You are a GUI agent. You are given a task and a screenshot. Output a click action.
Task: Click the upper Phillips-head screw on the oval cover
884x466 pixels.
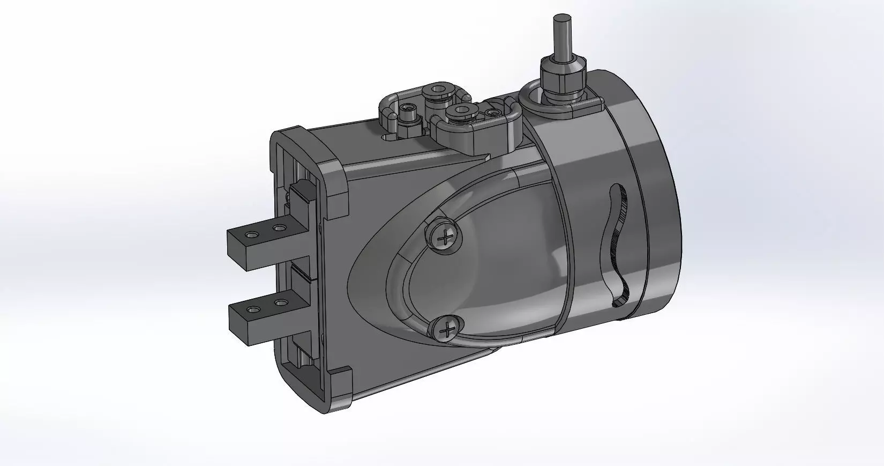(x=444, y=236)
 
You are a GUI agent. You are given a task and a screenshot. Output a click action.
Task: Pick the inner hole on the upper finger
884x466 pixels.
(x=278, y=228)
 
